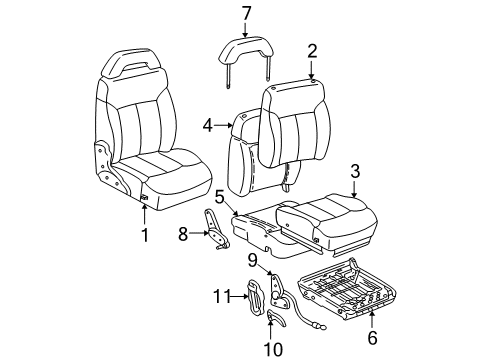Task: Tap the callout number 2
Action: (x=311, y=51)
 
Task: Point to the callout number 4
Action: (x=208, y=125)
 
